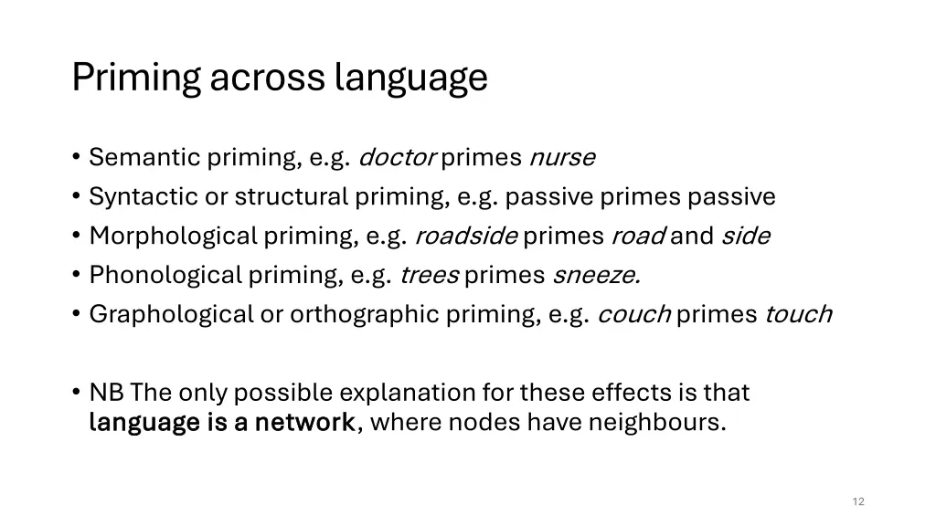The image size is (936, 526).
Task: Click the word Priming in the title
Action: coord(137,79)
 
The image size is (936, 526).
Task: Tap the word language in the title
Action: coord(411,79)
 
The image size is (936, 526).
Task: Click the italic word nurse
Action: coord(562,158)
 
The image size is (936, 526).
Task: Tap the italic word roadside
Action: coord(466,237)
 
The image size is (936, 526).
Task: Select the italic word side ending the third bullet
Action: coord(745,237)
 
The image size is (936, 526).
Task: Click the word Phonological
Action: coord(165,276)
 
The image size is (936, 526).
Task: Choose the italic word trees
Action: coord(429,276)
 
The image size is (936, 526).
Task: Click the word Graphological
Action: coord(171,315)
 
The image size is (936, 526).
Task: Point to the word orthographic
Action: coord(365,315)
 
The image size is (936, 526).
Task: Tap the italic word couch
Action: coord(633,315)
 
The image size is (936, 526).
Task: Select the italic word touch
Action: coord(798,315)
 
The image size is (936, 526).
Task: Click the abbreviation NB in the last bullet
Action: coord(107,394)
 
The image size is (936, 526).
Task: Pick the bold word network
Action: coord(304,423)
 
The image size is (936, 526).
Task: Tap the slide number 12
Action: coord(857,501)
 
